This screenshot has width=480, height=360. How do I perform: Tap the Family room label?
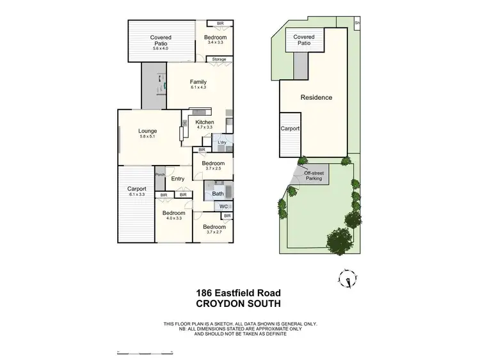tap(198, 82)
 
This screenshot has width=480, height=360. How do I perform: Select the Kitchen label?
tap(205, 122)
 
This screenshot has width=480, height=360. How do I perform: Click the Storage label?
tap(219, 59)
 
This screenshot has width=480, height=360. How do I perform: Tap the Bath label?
tap(218, 192)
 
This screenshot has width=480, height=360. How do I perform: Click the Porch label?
tap(160, 175)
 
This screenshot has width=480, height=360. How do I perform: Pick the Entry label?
tap(178, 179)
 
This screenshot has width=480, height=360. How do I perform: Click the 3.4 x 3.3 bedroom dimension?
tap(215, 42)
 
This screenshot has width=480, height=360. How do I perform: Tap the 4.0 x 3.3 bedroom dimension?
tap(173, 219)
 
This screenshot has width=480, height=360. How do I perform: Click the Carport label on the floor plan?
tap(136, 189)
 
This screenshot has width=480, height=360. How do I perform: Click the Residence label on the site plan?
tap(316, 97)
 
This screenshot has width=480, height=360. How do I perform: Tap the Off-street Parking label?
tap(313, 175)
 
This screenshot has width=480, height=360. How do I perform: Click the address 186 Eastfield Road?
tap(239, 293)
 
